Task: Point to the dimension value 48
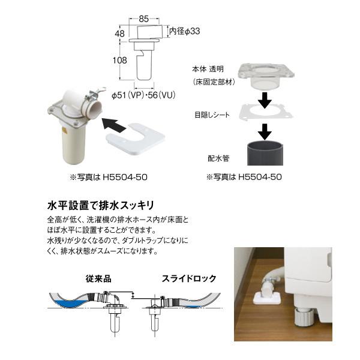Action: point(121,34)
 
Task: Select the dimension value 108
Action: point(119,61)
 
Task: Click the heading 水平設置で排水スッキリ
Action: point(101,204)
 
